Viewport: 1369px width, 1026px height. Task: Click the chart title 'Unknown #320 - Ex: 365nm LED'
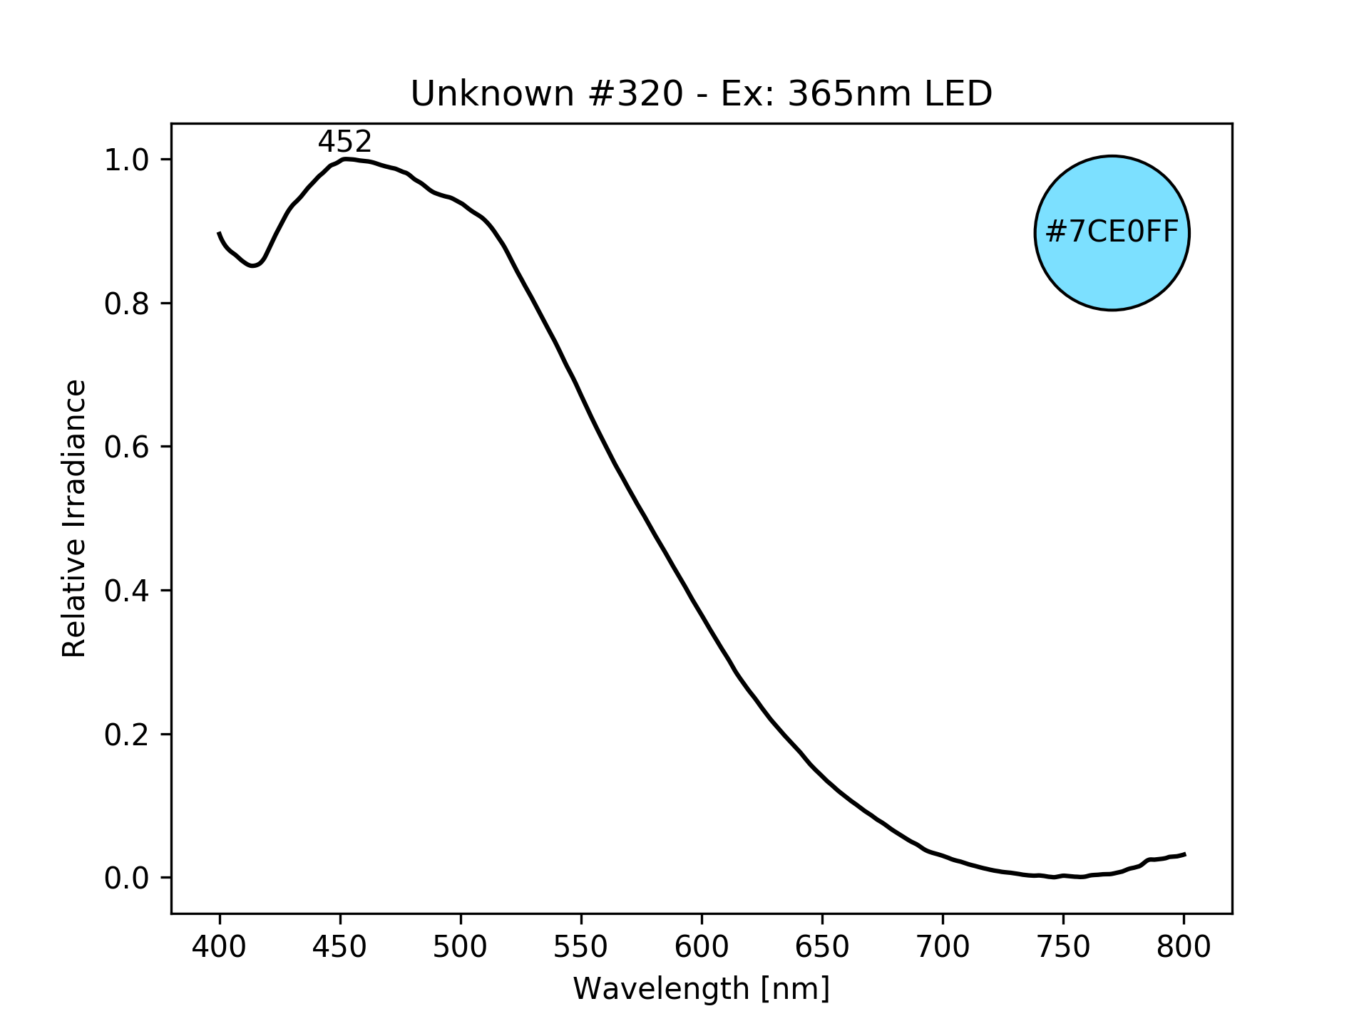(701, 94)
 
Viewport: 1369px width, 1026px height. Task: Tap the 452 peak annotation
(344, 142)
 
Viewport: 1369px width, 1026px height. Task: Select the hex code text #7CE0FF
(1112, 232)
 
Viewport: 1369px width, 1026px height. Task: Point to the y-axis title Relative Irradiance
(74, 518)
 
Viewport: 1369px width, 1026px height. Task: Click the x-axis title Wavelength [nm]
(701, 989)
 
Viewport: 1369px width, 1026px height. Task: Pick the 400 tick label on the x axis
(220, 947)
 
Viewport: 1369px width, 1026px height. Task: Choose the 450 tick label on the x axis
(340, 947)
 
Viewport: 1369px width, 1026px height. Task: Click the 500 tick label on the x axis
(461, 947)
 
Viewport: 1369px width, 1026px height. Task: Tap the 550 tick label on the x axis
(581, 947)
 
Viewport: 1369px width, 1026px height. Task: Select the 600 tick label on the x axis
(702, 947)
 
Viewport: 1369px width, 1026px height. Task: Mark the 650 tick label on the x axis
(822, 947)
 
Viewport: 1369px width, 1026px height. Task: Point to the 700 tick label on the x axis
(943, 947)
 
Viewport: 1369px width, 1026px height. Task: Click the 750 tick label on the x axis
(1063, 947)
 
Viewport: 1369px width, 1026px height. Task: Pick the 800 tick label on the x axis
(1184, 947)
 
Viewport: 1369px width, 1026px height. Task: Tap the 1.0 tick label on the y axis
(127, 160)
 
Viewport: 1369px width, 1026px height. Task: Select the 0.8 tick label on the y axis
(127, 304)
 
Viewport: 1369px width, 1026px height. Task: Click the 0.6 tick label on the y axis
(127, 447)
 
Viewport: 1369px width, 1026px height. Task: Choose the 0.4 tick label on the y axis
(127, 591)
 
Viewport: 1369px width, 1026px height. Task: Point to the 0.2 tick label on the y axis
(127, 735)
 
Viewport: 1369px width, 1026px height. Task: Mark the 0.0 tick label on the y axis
(127, 879)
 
